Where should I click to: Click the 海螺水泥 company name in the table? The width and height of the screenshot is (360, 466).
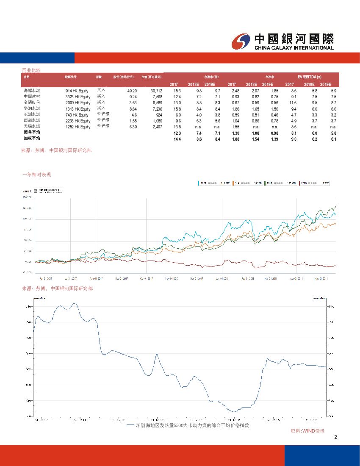coord(31,91)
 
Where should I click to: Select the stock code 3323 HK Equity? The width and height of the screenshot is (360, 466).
coord(78,97)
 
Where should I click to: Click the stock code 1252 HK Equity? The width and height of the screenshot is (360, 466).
coord(78,127)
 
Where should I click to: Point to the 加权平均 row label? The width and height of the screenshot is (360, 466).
coord(31,139)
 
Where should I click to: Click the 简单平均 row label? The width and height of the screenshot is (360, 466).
coord(31,133)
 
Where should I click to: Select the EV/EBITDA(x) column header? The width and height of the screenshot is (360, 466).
coord(309,77)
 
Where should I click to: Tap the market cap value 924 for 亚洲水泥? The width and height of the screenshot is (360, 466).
coord(159,115)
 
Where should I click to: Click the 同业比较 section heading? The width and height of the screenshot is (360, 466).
coord(31,70)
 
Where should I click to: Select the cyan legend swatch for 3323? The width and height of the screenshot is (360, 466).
coord(199,183)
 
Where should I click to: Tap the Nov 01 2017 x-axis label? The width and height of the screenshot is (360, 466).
coord(172,278)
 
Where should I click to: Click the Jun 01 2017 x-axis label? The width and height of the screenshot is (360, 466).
coord(45,278)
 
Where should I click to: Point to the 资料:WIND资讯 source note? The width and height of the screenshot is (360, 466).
coord(307,431)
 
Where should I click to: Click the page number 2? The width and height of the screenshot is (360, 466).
coord(335,438)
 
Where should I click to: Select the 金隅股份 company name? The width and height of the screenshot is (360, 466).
coord(31,103)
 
